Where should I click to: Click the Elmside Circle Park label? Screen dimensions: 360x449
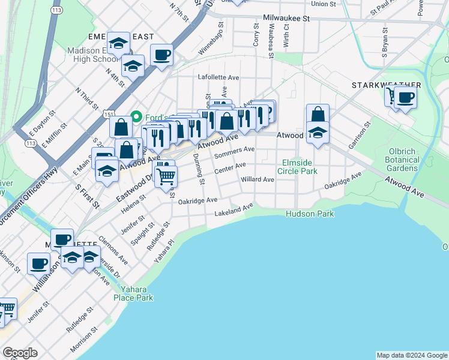[x=300, y=167]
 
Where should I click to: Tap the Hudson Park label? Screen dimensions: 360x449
[x=310, y=214]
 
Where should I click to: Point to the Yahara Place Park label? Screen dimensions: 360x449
[x=134, y=293]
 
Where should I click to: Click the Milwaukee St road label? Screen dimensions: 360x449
[x=286, y=19]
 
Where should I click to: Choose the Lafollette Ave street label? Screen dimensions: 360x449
[x=218, y=78]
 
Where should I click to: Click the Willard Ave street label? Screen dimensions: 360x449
[x=257, y=179]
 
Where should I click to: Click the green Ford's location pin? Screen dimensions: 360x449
[x=136, y=116]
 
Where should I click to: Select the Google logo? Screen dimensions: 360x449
[x=20, y=353]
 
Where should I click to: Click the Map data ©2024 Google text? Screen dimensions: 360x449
[x=411, y=355]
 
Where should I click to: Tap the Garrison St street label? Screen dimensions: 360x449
[x=361, y=135]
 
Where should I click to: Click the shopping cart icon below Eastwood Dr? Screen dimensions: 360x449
[x=166, y=176]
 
